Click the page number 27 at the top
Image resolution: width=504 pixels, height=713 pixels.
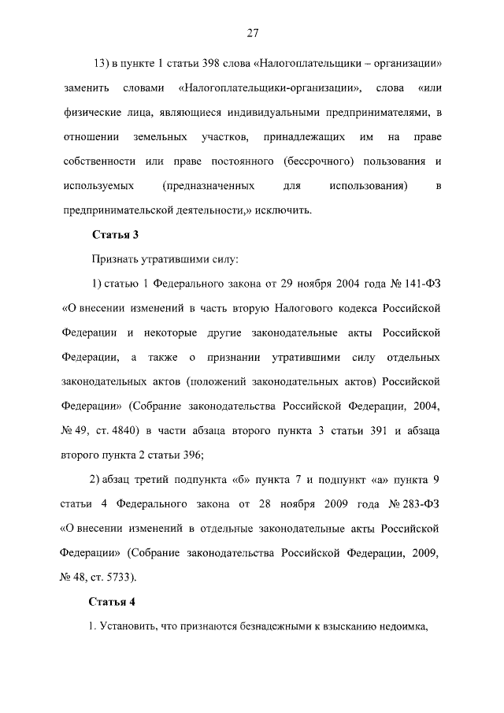coord(252,32)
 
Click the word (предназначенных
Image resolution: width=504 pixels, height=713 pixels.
coord(208,186)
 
